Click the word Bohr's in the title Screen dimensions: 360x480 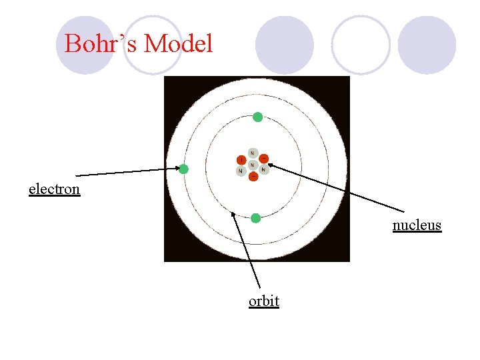coord(101,45)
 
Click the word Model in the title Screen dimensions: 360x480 coord(178,45)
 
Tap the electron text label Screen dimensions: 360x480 coord(54,189)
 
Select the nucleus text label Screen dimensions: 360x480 coord(417,225)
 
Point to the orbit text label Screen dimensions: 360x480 coord(263,301)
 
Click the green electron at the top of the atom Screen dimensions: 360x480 coord(257,117)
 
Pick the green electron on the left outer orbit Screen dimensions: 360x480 coord(183,169)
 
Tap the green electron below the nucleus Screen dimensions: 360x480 coord(255,218)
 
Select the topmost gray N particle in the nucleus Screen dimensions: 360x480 coord(252,153)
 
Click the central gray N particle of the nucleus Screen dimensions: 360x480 coord(252,164)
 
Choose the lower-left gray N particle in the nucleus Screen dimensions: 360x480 coord(241,171)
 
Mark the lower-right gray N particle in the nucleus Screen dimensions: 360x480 coord(263,170)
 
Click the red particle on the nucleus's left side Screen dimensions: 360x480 coord(241,160)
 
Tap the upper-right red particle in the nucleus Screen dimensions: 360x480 coord(263,159)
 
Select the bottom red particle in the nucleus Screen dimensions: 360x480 coord(253,176)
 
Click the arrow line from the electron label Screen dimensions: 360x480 coord(127,172)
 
